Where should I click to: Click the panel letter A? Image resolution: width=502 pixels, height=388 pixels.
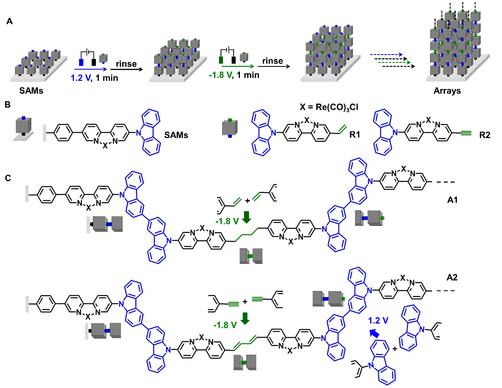pyautogui.click(x=9, y=21)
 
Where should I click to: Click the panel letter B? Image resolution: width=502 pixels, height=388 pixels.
pyautogui.click(x=8, y=105)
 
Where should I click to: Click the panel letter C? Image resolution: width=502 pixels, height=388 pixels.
pyautogui.click(x=8, y=178)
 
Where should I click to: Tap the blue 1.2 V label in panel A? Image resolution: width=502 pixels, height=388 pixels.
pyautogui.click(x=81, y=78)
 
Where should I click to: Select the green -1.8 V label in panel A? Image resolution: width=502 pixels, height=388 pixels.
pyautogui.click(x=221, y=75)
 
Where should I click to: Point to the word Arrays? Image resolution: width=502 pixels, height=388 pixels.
pyautogui.click(x=447, y=91)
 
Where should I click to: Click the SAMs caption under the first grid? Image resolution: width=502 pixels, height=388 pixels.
pyautogui.click(x=31, y=91)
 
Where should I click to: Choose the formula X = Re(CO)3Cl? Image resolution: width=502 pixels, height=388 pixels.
pyautogui.click(x=329, y=107)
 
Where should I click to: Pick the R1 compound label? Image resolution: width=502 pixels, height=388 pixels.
pyautogui.click(x=355, y=135)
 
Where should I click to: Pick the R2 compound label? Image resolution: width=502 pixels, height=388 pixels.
pyautogui.click(x=485, y=135)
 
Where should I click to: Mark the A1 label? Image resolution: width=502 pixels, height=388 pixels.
pyautogui.click(x=452, y=200)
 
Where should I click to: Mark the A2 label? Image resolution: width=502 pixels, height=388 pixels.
pyautogui.click(x=452, y=277)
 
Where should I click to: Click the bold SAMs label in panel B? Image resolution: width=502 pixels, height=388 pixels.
pyautogui.click(x=176, y=135)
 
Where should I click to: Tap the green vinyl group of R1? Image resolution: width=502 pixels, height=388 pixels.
pyautogui.click(x=342, y=129)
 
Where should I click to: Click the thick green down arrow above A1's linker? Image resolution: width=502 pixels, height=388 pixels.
pyautogui.click(x=247, y=217)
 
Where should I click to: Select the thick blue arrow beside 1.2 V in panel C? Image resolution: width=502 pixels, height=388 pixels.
pyautogui.click(x=374, y=333)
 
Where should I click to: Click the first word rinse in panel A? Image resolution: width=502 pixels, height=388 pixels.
pyautogui.click(x=126, y=64)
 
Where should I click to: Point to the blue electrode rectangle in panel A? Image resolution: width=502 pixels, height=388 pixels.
pyautogui.click(x=81, y=62)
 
